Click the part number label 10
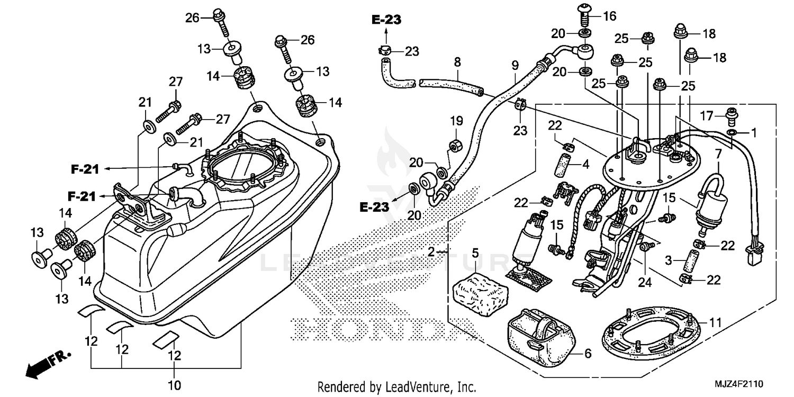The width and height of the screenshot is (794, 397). coord(174,384)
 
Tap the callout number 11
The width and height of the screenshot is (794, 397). coord(715,322)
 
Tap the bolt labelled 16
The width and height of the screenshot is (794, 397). coord(584,16)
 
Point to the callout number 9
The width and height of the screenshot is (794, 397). coord(515,66)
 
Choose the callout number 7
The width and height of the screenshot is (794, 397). coord(718,155)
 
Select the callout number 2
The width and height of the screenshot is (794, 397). coord(432,252)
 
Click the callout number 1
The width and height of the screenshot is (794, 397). coord(753,131)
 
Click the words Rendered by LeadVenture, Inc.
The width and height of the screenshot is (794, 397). coord(396,387)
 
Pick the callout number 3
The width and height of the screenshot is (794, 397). coord(669,260)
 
